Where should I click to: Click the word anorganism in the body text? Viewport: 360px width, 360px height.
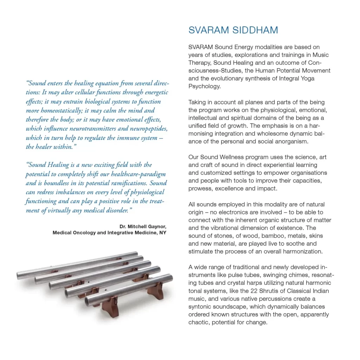(x=290, y=141)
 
